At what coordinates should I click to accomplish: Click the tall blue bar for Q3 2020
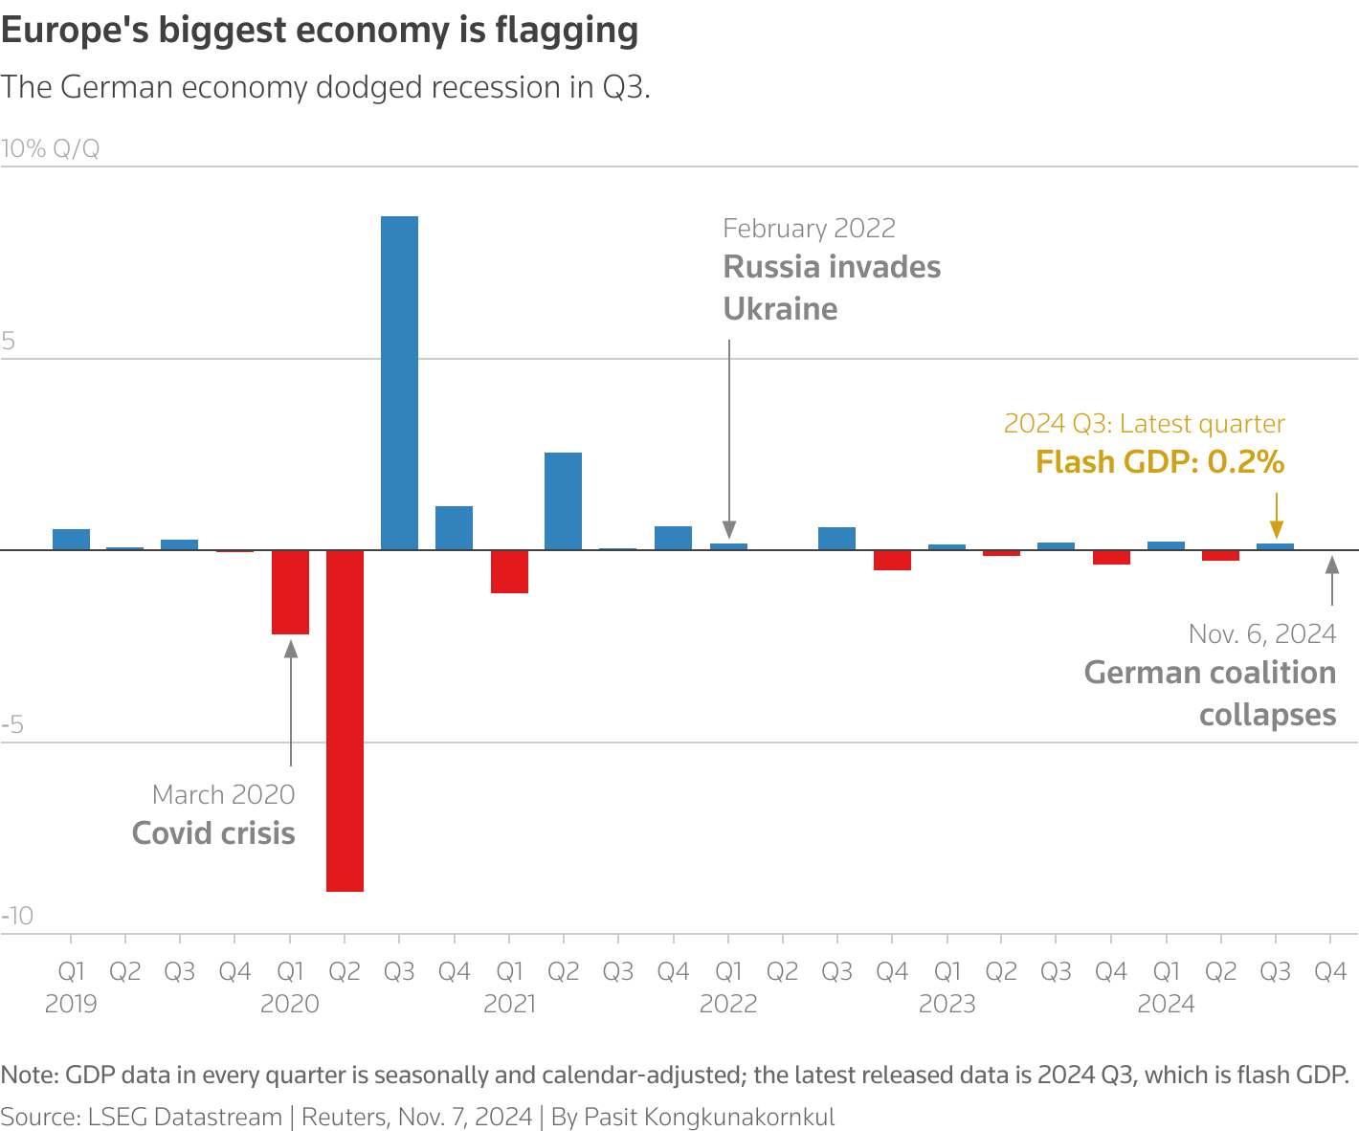pyautogui.click(x=399, y=383)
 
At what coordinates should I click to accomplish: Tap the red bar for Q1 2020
pyautogui.click(x=290, y=591)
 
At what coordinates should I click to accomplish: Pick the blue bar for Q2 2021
pyautogui.click(x=563, y=500)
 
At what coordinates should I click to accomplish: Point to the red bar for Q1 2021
pyautogui.click(x=509, y=571)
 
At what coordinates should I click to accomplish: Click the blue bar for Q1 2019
pyautogui.click(x=71, y=540)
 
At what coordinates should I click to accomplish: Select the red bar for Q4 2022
pyautogui.click(x=892, y=560)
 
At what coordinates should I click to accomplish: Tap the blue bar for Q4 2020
pyautogui.click(x=454, y=527)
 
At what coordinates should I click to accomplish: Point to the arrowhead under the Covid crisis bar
pyautogui.click(x=291, y=648)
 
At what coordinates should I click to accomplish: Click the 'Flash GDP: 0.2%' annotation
pyautogui.click(x=1159, y=462)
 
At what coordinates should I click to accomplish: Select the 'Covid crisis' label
pyautogui.click(x=213, y=833)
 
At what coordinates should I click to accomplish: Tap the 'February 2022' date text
pyautogui.click(x=809, y=229)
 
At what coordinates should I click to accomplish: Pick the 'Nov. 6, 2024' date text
pyautogui.click(x=1261, y=634)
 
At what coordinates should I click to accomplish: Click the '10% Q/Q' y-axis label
pyautogui.click(x=50, y=149)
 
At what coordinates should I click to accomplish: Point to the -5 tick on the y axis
pyautogui.click(x=12, y=724)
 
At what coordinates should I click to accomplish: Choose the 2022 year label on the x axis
pyautogui.click(x=728, y=1004)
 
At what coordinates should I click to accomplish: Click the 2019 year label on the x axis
pyautogui.click(x=71, y=1004)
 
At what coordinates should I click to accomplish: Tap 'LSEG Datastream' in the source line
pyautogui.click(x=185, y=1117)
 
